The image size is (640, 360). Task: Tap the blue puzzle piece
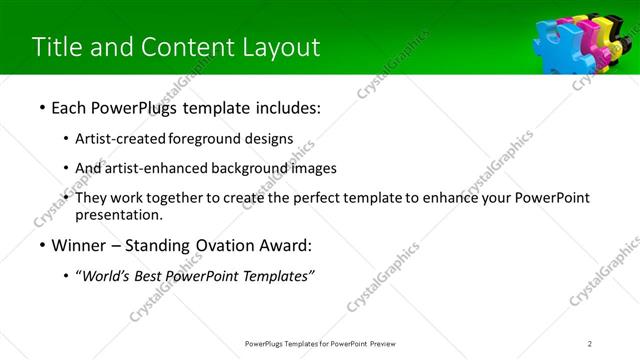551,45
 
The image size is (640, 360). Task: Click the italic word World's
104,276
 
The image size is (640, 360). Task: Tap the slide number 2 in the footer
590,344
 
